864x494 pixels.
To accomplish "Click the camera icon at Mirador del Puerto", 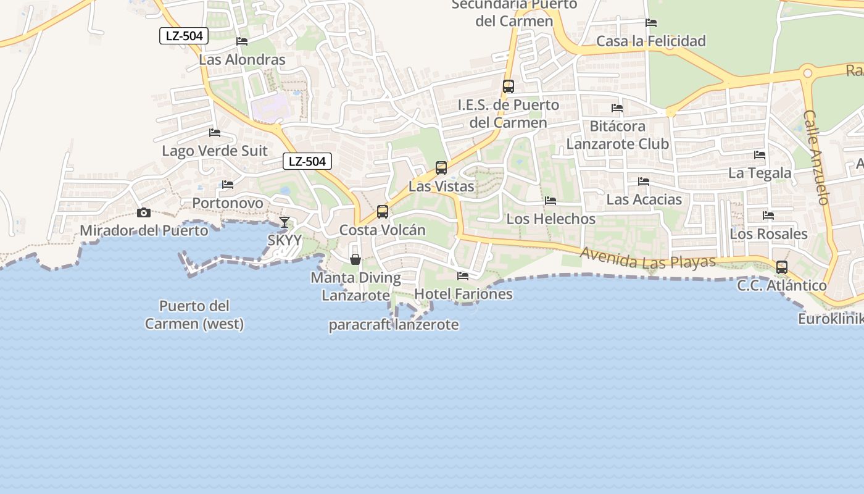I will point(144,213).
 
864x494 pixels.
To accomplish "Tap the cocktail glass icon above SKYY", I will point(284,222).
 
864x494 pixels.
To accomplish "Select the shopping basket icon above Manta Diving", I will point(355,259).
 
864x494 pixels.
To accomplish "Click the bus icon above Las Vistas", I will point(441,167).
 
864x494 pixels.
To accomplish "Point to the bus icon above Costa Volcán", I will point(383,212).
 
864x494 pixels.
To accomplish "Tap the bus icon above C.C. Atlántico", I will point(782,267).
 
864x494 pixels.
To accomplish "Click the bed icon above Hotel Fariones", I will point(463,275).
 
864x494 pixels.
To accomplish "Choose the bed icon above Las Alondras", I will point(242,41).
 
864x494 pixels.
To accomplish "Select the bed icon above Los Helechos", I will point(550,201).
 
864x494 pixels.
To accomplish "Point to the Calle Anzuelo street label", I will point(816,157).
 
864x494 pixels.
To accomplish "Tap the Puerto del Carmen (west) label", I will point(194,315).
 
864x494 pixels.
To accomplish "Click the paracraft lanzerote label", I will point(394,325).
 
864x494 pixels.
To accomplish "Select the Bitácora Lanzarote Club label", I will point(618,135).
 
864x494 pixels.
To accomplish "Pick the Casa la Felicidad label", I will point(651,41).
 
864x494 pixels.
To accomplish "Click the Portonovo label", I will point(228,203).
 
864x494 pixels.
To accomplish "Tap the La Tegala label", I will point(760,173).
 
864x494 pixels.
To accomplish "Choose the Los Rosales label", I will point(768,234).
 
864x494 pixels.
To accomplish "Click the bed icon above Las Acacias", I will point(644,182).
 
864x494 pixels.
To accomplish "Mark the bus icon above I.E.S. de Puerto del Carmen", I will point(509,86).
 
